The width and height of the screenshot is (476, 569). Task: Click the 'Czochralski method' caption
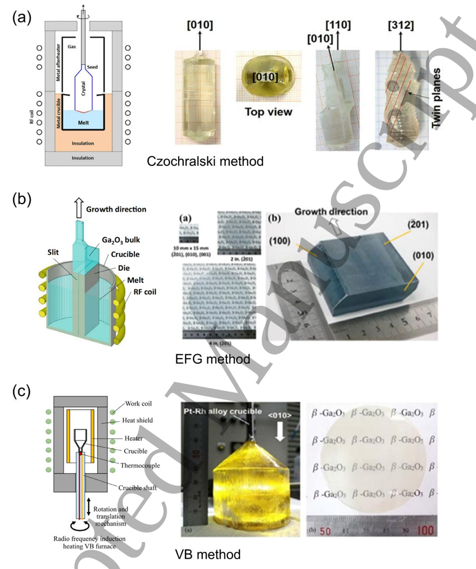pos(205,161)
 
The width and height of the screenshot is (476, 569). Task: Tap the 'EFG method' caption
pos(212,360)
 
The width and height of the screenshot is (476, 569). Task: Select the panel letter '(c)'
pos(21,393)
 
